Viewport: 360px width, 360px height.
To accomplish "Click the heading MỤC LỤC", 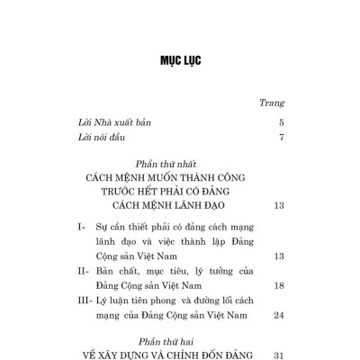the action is (x=180, y=61).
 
